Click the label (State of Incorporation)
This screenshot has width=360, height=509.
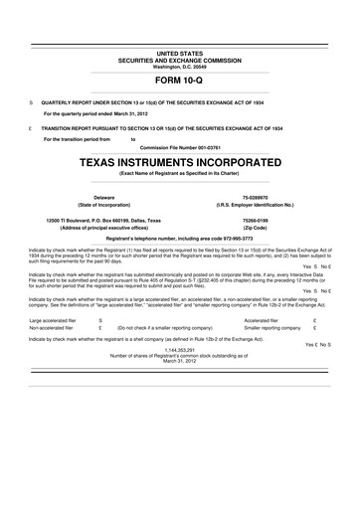[103, 207]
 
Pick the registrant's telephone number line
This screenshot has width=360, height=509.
[180, 239]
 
